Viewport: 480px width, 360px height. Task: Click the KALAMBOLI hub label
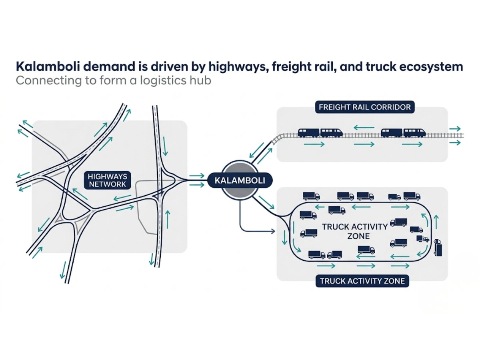pos(240,180)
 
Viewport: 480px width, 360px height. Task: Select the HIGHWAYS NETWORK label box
pos(107,180)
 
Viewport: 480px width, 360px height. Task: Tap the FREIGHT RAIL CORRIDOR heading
pos(364,107)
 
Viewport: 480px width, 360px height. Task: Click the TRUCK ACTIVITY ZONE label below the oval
pos(362,281)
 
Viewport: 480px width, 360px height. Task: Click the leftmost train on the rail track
pos(320,132)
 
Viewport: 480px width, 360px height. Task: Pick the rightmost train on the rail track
pos(403,132)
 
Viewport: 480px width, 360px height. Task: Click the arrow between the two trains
pos(364,128)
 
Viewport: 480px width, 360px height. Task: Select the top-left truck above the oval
pos(311,196)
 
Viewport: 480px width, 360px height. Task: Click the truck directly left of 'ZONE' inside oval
pos(308,233)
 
